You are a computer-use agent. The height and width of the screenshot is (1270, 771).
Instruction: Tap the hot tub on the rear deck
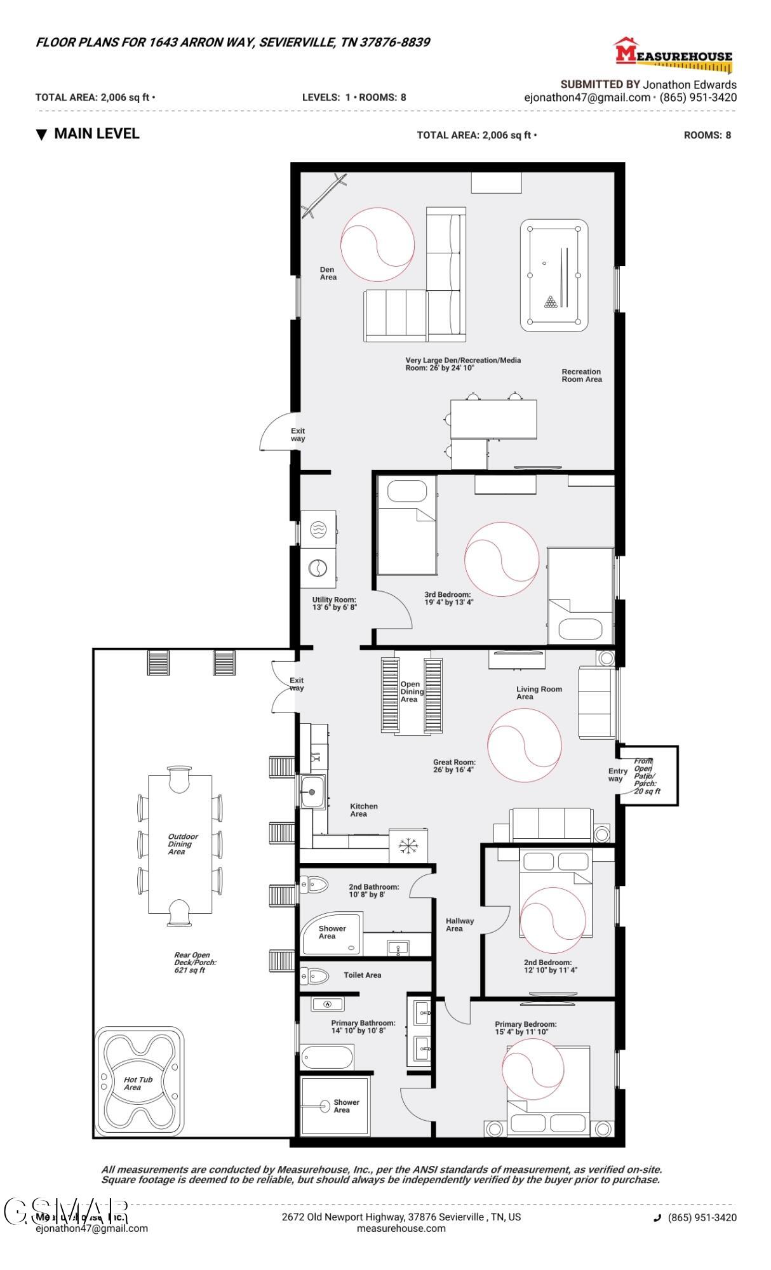tap(140, 1082)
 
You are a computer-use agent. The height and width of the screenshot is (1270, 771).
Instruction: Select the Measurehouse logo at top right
tap(673, 55)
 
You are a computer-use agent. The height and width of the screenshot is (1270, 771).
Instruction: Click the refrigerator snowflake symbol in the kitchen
tap(407, 845)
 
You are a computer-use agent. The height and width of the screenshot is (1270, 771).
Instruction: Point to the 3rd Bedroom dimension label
tap(449, 599)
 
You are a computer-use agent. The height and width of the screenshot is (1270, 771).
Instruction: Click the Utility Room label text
tap(334, 603)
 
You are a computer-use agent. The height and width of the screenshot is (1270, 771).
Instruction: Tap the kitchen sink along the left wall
tap(312, 792)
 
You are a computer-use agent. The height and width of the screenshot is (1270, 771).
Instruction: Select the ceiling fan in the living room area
tap(525, 745)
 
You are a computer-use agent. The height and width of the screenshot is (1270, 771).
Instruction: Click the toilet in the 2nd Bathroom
tap(314, 883)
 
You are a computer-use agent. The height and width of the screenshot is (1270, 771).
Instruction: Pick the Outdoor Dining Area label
tap(182, 844)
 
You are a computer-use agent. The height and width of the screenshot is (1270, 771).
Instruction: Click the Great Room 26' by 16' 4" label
tap(454, 766)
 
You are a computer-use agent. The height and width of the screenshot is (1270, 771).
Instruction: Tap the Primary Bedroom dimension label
tap(525, 1027)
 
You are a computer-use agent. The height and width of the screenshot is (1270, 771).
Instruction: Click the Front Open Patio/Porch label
tap(647, 776)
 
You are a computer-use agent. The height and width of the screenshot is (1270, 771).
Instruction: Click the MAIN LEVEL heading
tap(96, 134)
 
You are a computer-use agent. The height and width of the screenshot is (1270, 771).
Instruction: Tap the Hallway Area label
tap(459, 925)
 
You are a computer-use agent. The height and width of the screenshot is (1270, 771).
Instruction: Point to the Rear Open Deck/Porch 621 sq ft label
tap(191, 962)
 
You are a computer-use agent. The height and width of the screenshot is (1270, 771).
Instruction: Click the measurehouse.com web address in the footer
tap(401, 1228)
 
